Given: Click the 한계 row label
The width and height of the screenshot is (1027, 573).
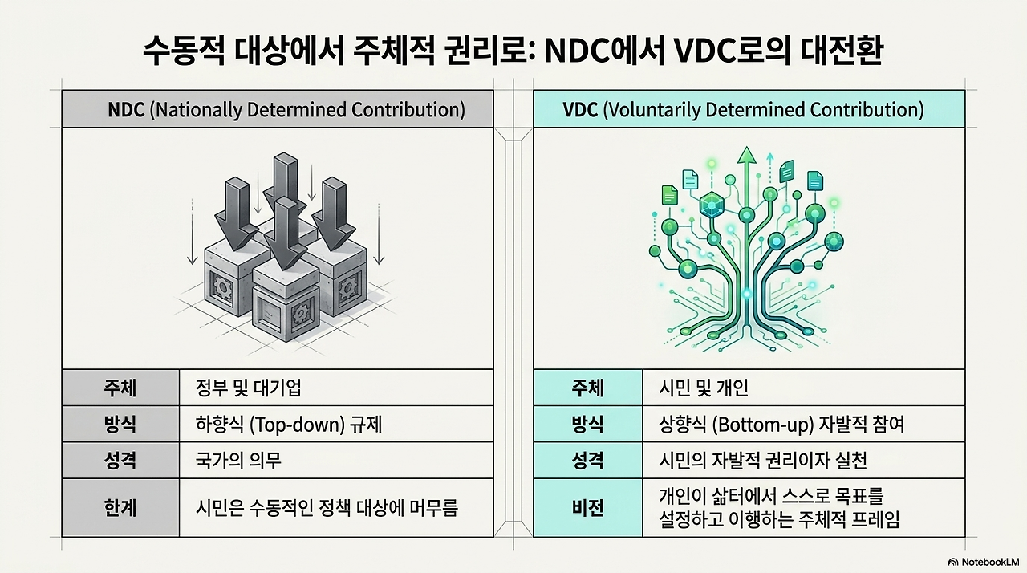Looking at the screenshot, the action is pos(120,508).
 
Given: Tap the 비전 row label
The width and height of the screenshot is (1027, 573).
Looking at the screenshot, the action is pos(588,508).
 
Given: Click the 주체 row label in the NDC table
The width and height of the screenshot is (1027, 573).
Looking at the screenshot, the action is pos(120,388).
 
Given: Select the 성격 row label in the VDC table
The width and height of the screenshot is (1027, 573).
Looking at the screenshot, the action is pos(588,460).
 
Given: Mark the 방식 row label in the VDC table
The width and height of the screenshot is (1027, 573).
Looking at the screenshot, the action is pos(588,425).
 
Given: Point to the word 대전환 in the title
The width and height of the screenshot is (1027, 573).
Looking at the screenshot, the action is pos(842,51).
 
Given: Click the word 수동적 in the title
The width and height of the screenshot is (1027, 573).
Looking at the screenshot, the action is pos(184,51).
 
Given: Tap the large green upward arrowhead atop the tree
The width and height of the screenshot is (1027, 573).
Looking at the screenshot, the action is pos(747,155).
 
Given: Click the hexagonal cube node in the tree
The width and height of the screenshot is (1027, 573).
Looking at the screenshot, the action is pos(712,205).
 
